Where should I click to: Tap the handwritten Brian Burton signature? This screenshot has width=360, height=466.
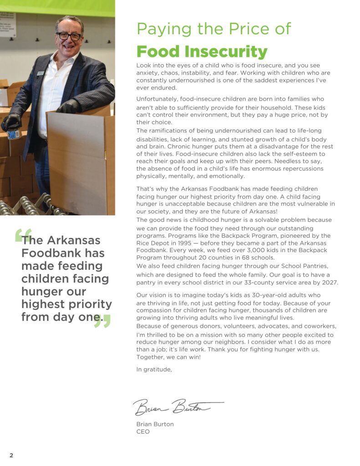pyautogui.click(x=177, y=406)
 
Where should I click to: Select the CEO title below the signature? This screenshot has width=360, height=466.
pyautogui.click(x=143, y=431)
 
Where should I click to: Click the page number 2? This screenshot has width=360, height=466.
pyautogui.click(x=11, y=455)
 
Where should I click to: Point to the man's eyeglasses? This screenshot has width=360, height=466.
pyautogui.click(x=69, y=36)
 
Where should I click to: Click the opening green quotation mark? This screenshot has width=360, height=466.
pyautogui.click(x=23, y=235)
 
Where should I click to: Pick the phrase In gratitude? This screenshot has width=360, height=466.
pyautogui.click(x=154, y=369)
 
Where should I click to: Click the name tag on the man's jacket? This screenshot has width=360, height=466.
pyautogui.click(x=41, y=73)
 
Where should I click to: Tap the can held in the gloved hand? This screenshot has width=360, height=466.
pyautogui.click(x=13, y=134)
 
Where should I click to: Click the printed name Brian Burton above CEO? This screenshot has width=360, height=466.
pyautogui.click(x=155, y=424)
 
